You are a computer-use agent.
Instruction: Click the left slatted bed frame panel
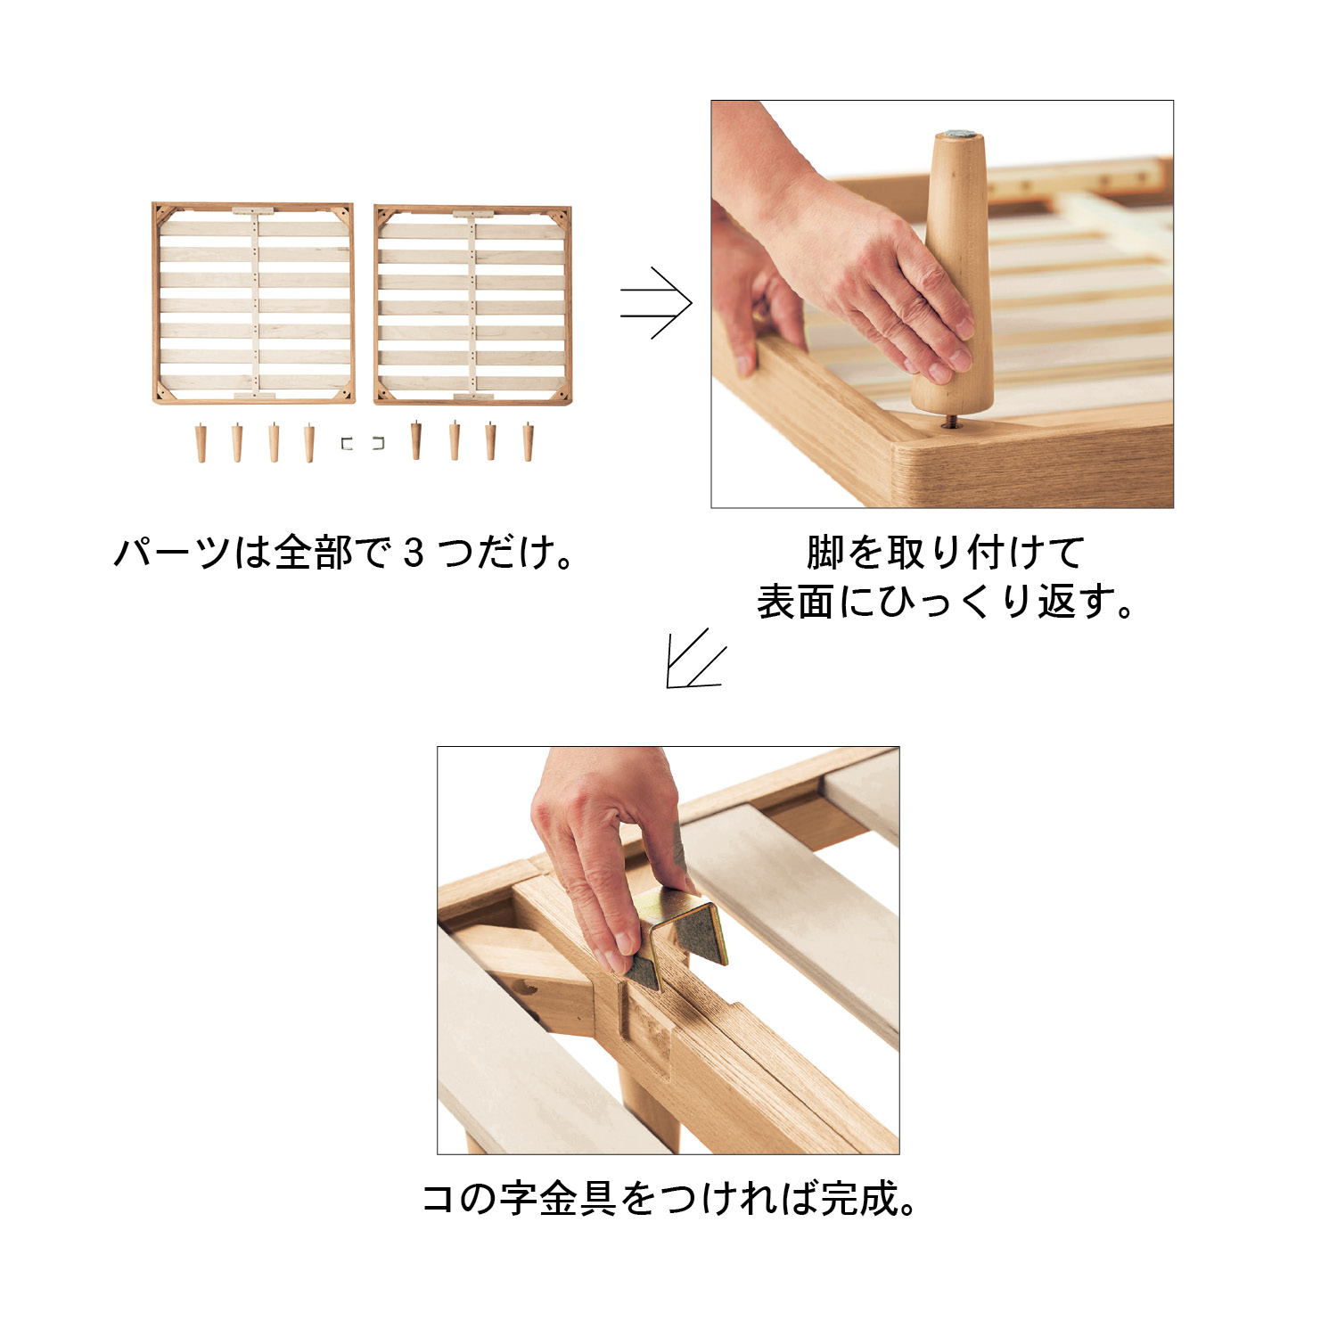(253, 303)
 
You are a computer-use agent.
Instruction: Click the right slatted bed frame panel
(472, 305)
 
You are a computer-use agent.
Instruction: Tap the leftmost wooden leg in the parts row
(201, 443)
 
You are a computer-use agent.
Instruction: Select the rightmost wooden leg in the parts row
(528, 442)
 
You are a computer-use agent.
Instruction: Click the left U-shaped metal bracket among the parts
(347, 443)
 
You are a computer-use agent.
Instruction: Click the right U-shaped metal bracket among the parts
(379, 443)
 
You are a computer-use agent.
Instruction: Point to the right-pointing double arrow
(656, 303)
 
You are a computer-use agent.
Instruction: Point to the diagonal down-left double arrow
(695, 659)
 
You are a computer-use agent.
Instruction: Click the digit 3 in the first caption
(413, 554)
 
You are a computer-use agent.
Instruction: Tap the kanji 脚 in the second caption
(825, 553)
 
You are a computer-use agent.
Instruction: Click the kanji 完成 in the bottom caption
(860, 1199)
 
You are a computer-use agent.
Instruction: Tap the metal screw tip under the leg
(952, 421)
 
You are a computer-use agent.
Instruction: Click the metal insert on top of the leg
(959, 135)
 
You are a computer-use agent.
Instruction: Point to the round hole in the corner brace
(529, 988)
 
